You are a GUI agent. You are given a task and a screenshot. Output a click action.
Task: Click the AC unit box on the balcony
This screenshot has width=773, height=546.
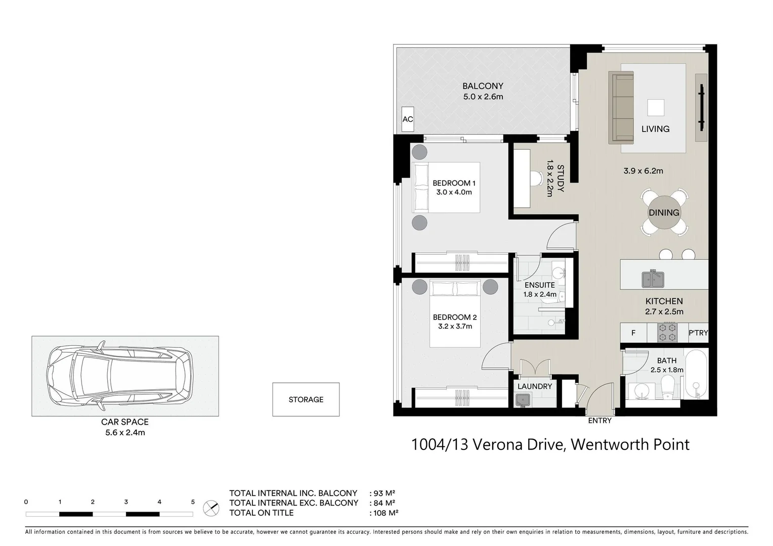[408, 119]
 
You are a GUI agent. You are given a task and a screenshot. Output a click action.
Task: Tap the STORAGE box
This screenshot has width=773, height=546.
[306, 399]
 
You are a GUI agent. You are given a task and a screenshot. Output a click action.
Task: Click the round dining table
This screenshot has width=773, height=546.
[664, 213]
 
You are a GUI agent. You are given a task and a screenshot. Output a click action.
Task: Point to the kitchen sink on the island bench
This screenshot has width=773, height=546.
[653, 278]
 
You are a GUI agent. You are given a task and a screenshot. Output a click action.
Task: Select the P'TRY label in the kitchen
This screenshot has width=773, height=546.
[698, 333]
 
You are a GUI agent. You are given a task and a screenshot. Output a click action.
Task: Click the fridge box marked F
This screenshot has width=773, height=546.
[633, 333]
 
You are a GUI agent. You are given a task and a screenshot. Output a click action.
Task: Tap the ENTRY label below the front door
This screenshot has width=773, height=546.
[599, 421]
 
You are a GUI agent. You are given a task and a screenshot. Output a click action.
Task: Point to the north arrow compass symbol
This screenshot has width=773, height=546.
[211, 508]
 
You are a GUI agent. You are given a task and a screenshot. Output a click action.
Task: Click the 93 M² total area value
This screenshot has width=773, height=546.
[383, 493]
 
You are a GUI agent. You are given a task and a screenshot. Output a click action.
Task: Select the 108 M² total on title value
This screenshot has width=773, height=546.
[385, 513]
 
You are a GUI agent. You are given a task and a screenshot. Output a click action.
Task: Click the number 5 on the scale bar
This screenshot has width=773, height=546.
[193, 502]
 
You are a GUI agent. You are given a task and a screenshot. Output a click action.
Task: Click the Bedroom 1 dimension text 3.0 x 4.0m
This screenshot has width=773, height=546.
[454, 192]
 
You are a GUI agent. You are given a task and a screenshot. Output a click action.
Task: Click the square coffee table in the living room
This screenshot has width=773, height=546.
[656, 108]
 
